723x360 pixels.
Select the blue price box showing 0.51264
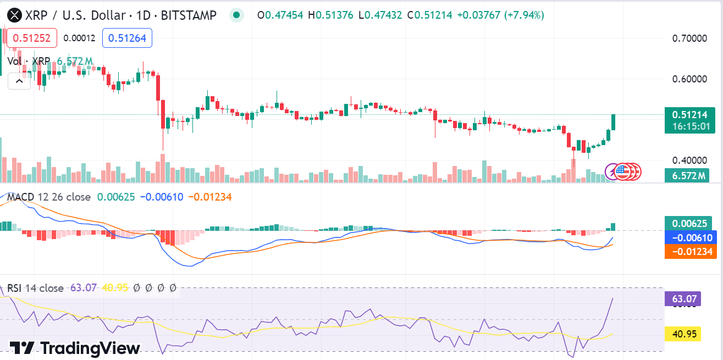pyautogui.click(x=127, y=38)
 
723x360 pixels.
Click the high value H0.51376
pyautogui.click(x=330, y=15)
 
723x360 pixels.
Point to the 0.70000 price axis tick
pyautogui.click(x=689, y=38)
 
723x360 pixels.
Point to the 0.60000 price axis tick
pyautogui.click(x=689, y=79)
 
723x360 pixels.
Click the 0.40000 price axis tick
pyautogui.click(x=689, y=160)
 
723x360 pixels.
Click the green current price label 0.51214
pyautogui.click(x=689, y=115)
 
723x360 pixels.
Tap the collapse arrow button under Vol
pyautogui.click(x=19, y=81)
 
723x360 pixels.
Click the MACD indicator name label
pyautogui.click(x=20, y=197)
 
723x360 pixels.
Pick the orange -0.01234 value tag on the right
pyautogui.click(x=689, y=251)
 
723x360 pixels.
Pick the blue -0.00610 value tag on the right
pyautogui.click(x=689, y=237)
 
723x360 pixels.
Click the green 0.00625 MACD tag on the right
pyautogui.click(x=689, y=224)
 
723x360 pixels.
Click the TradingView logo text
pyautogui.click(x=75, y=348)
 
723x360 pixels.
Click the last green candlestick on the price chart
pyautogui.click(x=613, y=122)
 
